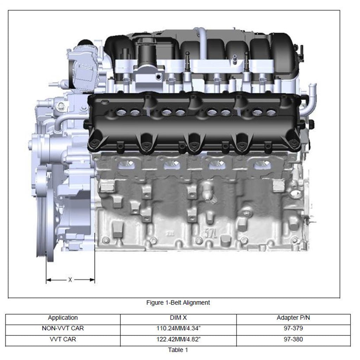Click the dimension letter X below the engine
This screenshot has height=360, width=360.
click(x=70, y=279)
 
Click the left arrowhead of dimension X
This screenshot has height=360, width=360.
click(x=49, y=280)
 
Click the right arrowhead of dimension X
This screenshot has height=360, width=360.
click(x=92, y=280)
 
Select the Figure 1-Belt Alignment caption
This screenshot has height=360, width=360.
click(x=178, y=303)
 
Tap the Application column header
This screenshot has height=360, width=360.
click(x=63, y=318)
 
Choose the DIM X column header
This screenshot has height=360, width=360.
click(x=178, y=318)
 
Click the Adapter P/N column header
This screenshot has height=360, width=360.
click(x=293, y=318)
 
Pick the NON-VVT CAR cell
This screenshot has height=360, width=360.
click(x=63, y=328)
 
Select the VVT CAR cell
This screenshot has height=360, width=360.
click(x=63, y=339)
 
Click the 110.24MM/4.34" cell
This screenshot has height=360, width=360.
click(x=178, y=328)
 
